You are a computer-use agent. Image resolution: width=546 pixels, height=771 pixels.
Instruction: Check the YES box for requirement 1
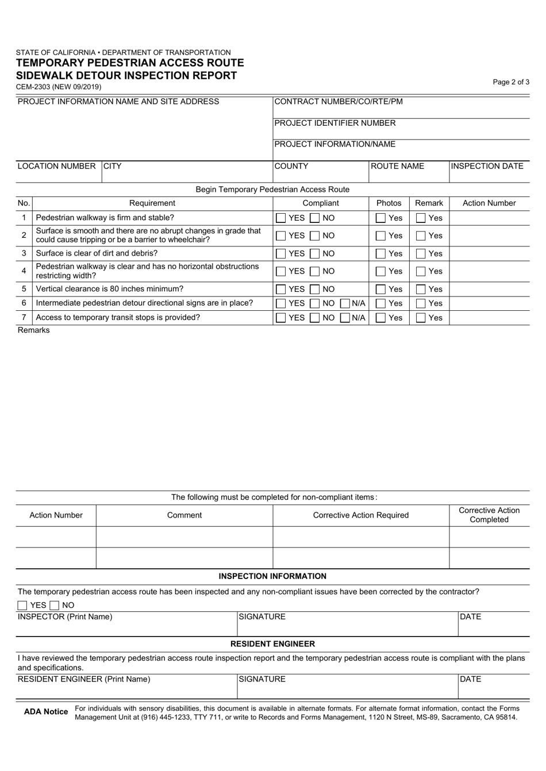click(x=281, y=218)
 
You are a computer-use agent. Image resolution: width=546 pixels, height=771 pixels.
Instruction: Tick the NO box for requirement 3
click(x=316, y=254)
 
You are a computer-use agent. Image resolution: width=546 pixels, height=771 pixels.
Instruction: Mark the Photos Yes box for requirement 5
click(x=380, y=290)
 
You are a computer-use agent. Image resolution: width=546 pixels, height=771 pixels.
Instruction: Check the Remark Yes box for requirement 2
click(x=421, y=236)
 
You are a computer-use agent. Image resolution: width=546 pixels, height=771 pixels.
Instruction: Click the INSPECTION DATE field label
click(x=487, y=167)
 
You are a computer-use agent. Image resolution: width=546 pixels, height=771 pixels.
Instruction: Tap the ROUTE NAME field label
click(x=398, y=167)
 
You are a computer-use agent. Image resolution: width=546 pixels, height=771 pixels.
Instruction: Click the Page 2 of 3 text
click(x=511, y=82)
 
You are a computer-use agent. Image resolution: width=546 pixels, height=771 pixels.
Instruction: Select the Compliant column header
click(x=321, y=203)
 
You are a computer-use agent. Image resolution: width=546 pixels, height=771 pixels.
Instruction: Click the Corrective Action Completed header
click(x=489, y=515)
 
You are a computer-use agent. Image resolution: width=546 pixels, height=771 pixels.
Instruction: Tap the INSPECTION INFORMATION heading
click(x=272, y=576)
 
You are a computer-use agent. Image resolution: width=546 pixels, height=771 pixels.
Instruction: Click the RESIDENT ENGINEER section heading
click(x=272, y=644)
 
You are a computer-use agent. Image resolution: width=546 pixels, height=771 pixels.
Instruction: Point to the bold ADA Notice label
click(x=46, y=712)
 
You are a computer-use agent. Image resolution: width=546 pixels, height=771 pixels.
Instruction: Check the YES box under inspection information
click(x=22, y=606)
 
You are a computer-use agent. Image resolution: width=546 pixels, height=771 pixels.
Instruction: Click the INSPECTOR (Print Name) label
click(x=65, y=617)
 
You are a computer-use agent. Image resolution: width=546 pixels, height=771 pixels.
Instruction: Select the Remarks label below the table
click(x=34, y=330)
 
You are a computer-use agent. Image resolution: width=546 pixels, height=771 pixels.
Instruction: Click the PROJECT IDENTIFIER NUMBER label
click(x=335, y=124)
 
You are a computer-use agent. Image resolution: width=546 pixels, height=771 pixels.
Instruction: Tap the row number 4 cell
click(x=24, y=271)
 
